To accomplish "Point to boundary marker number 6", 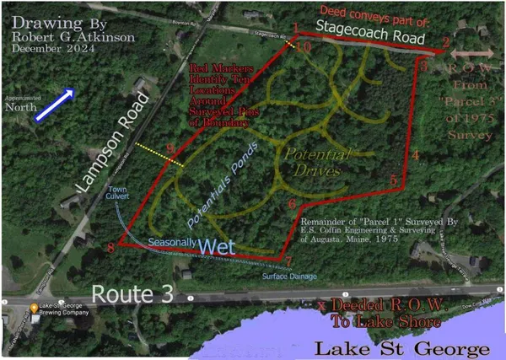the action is click(292, 204).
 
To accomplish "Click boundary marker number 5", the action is click(394, 180).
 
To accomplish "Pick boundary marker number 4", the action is click(415, 155).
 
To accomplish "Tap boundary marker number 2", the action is click(445, 42).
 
